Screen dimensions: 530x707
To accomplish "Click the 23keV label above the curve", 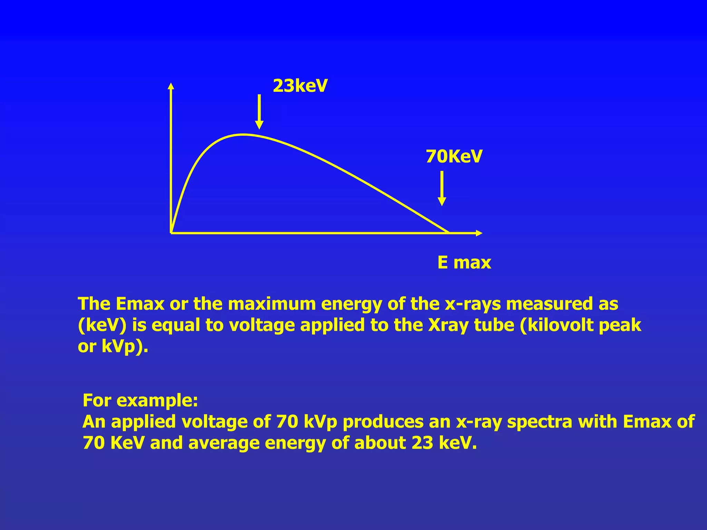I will click(300, 86).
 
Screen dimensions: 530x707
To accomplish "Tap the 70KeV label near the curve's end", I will click(454, 157).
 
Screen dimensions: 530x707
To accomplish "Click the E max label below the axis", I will click(464, 263).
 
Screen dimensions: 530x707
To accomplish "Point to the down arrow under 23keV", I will click(259, 112).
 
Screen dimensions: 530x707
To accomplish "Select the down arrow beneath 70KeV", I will click(442, 188).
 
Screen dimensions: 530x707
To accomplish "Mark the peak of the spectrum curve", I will click(244, 135).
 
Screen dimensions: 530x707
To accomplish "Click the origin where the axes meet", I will click(171, 233).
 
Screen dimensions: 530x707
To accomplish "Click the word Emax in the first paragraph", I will click(140, 304).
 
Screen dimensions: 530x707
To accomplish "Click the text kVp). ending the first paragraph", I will click(125, 346).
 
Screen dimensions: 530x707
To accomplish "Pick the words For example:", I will click(140, 400).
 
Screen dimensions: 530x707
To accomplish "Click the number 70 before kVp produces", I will click(287, 422).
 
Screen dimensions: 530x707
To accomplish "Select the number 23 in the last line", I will click(422, 443).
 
